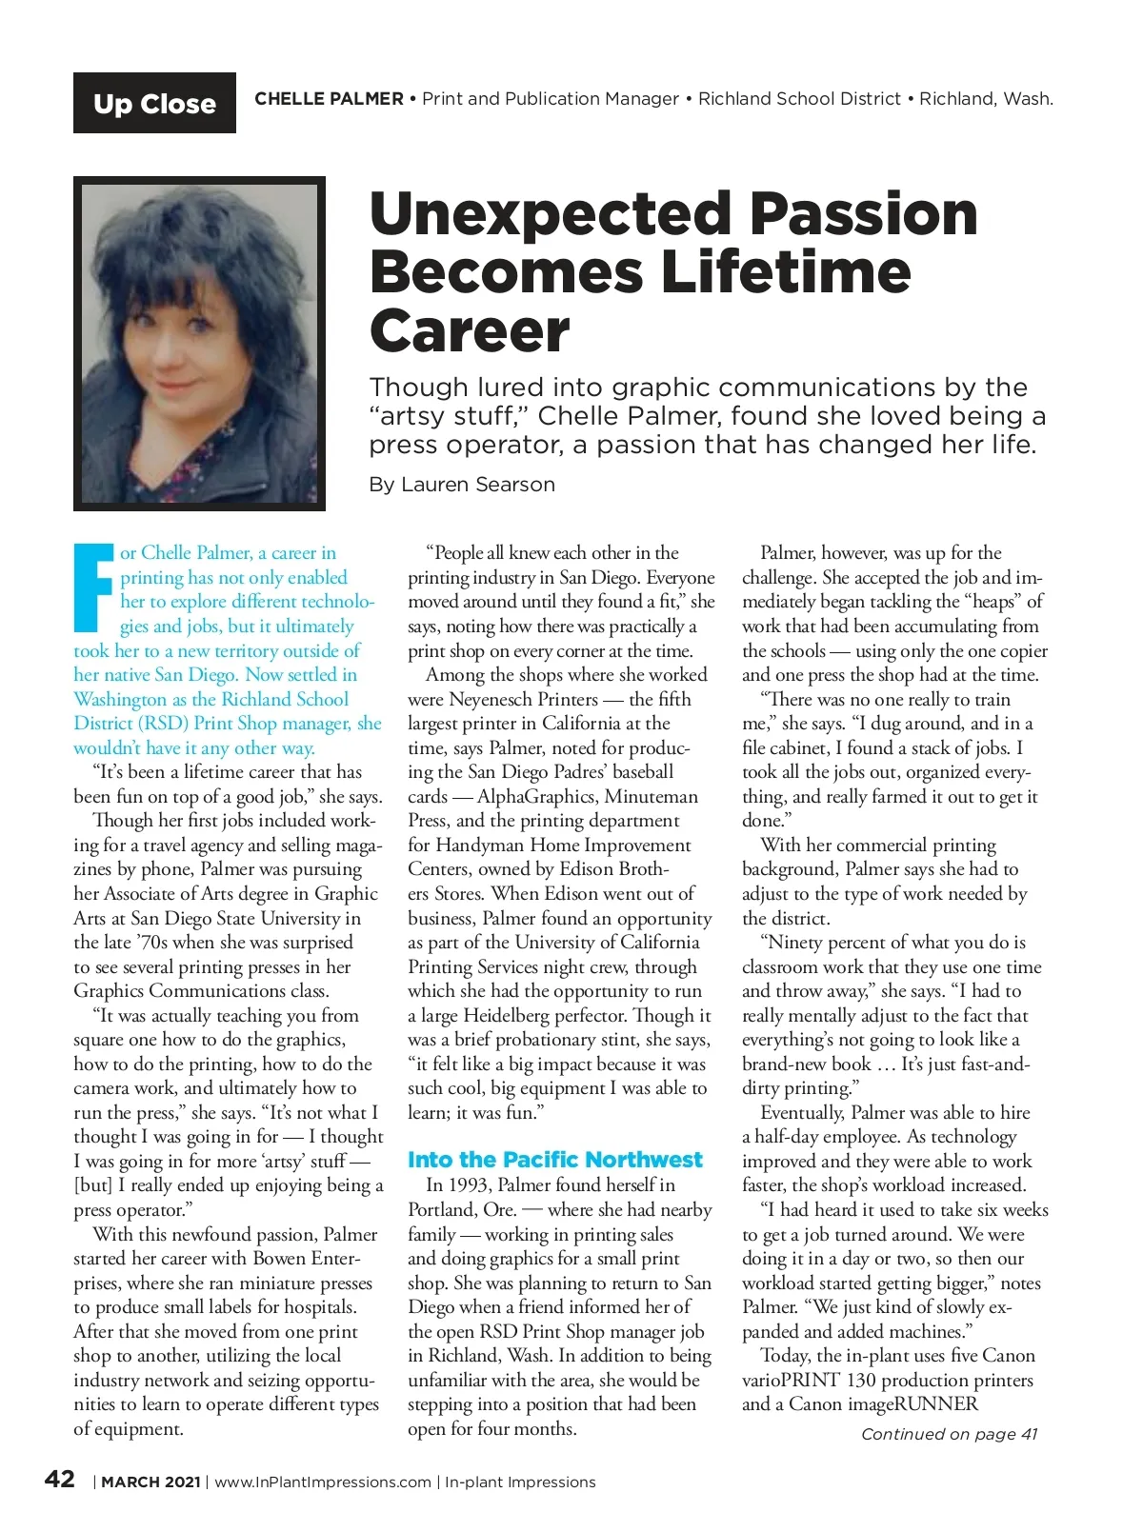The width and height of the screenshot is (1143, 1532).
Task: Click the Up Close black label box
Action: [154, 103]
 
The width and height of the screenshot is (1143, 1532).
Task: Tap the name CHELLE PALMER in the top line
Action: [329, 99]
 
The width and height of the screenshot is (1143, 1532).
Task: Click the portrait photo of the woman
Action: [199, 343]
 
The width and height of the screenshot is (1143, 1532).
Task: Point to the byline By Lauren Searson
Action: [462, 485]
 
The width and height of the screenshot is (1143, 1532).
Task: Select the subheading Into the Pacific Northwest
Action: [554, 1160]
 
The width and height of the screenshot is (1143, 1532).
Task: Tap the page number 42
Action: [60, 1479]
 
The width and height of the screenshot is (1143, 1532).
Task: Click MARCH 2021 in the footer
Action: [150, 1482]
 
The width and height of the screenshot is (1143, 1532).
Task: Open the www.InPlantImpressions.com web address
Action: [323, 1482]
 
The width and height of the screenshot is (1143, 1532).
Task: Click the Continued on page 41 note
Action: [949, 1434]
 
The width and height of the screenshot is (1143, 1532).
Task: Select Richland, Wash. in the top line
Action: [986, 99]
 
